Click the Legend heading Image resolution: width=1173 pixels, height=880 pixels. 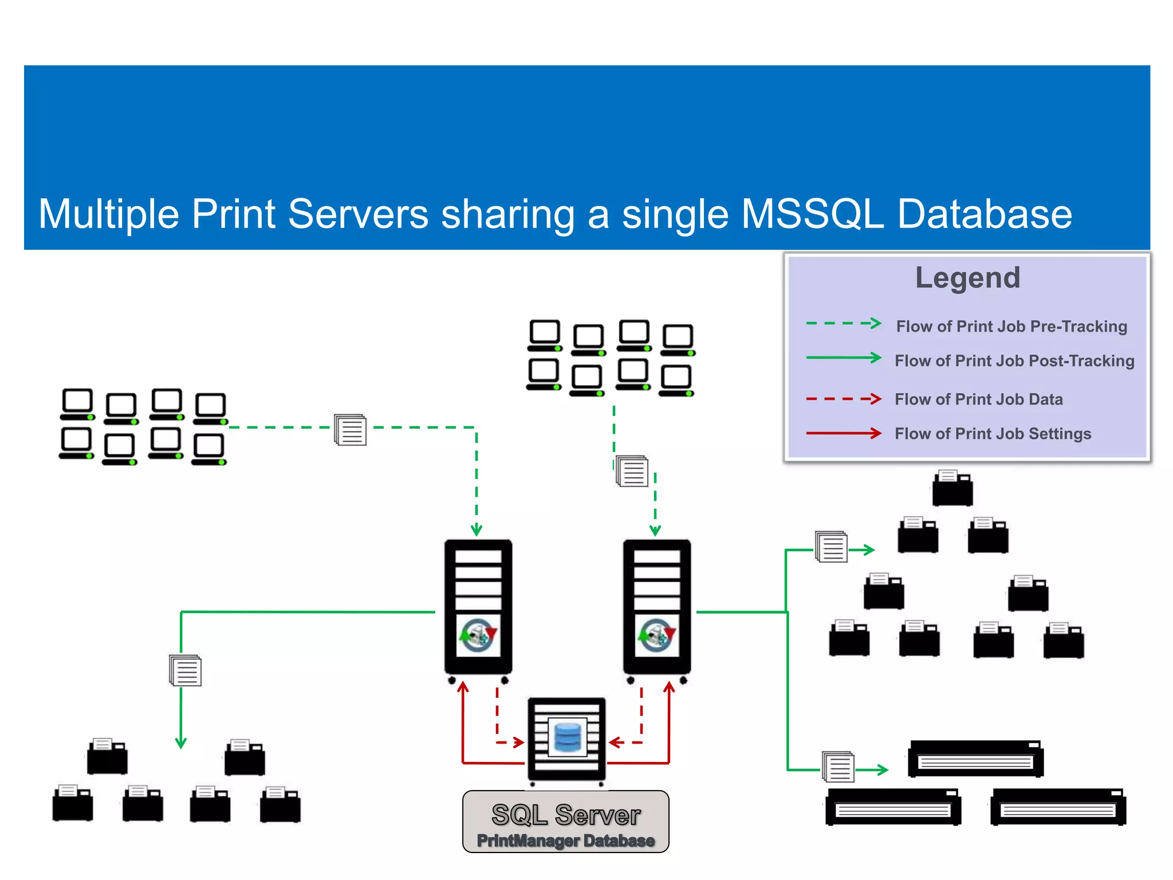point(967,278)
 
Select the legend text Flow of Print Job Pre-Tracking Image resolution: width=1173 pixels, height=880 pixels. point(1011,327)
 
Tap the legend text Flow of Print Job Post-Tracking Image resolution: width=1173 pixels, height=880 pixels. point(1014,361)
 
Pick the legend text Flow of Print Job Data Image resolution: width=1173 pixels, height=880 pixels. point(978,399)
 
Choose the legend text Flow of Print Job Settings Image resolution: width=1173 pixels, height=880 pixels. point(993,434)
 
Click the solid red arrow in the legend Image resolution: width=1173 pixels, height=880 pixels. point(843,433)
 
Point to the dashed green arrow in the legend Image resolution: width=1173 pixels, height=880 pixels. point(843,324)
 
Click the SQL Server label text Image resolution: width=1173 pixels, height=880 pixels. point(566,815)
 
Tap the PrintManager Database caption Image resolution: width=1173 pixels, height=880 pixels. point(566,840)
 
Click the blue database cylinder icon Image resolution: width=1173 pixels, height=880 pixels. point(568,737)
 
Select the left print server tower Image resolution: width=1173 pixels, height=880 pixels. point(478,607)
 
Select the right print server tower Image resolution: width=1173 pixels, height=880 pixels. point(657,607)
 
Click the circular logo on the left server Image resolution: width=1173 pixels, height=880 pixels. point(478,635)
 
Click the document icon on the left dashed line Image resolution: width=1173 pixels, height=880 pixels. point(351,430)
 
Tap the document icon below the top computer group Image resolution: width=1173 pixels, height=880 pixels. point(632,471)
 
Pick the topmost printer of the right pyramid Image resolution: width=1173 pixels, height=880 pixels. point(952,488)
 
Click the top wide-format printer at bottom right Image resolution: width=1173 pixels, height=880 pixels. point(975,759)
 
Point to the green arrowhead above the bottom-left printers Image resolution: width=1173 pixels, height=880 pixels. point(181,743)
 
